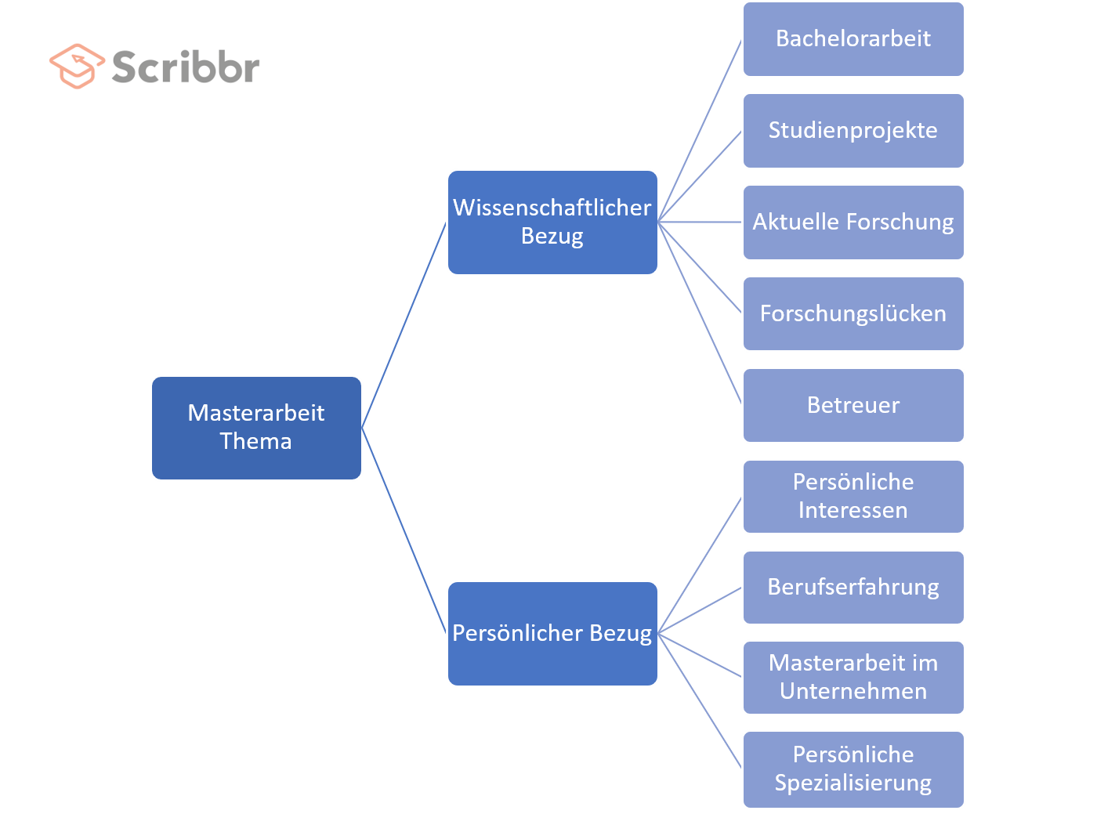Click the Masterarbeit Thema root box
coord(256,428)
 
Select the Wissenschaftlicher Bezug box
coord(552,222)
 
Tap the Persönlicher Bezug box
coord(552,634)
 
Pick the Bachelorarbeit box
coord(853,39)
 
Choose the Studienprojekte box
coord(853,131)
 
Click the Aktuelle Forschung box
coord(853,222)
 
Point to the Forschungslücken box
coord(853,314)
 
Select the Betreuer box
coord(853,405)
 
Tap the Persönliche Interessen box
coord(853,497)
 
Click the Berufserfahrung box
coord(853,588)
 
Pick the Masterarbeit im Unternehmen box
coord(853,678)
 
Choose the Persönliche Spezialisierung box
coord(853,769)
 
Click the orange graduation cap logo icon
coord(76,66)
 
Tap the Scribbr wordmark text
coord(186,67)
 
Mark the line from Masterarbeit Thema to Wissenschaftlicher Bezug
coord(404,324)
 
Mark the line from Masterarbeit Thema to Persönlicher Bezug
coord(404,530)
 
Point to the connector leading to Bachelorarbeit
coord(700,130)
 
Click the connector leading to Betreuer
coord(700,313)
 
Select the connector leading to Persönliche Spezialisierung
coord(700,701)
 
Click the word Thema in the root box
coord(255,442)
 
